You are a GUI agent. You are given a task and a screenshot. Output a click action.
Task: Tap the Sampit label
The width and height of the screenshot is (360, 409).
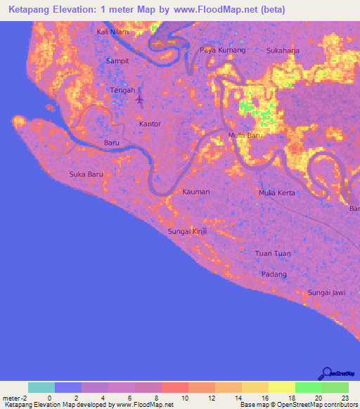point(117,61)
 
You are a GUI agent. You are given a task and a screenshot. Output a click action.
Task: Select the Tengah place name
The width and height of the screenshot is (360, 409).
point(123,91)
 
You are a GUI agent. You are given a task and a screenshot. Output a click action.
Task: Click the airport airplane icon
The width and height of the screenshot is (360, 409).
point(139,99)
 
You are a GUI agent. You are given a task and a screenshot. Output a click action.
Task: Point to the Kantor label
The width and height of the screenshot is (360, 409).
point(150,124)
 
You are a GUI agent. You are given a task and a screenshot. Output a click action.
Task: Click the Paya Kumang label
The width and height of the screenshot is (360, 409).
point(222,51)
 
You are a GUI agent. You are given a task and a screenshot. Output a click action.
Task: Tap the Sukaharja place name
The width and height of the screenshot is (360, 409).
point(285,51)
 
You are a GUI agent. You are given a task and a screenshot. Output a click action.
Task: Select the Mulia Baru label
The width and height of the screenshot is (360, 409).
point(245,136)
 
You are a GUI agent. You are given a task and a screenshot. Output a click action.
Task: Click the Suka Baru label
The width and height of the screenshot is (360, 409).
point(86,174)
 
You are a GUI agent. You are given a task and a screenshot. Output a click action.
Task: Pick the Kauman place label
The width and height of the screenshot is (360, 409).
point(196,191)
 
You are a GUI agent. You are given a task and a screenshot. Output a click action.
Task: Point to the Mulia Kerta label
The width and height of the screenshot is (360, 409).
point(277,193)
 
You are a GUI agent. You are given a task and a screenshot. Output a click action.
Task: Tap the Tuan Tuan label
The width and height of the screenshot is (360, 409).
point(273,253)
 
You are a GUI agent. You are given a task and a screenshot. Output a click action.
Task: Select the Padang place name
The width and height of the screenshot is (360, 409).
point(274,274)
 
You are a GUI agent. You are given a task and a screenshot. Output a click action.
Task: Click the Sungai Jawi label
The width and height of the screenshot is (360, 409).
point(326,292)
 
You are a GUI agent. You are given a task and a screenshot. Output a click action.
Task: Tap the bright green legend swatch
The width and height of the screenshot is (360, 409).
point(308,387)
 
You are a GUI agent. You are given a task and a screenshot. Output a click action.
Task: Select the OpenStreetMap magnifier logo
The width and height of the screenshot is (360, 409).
point(326,373)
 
